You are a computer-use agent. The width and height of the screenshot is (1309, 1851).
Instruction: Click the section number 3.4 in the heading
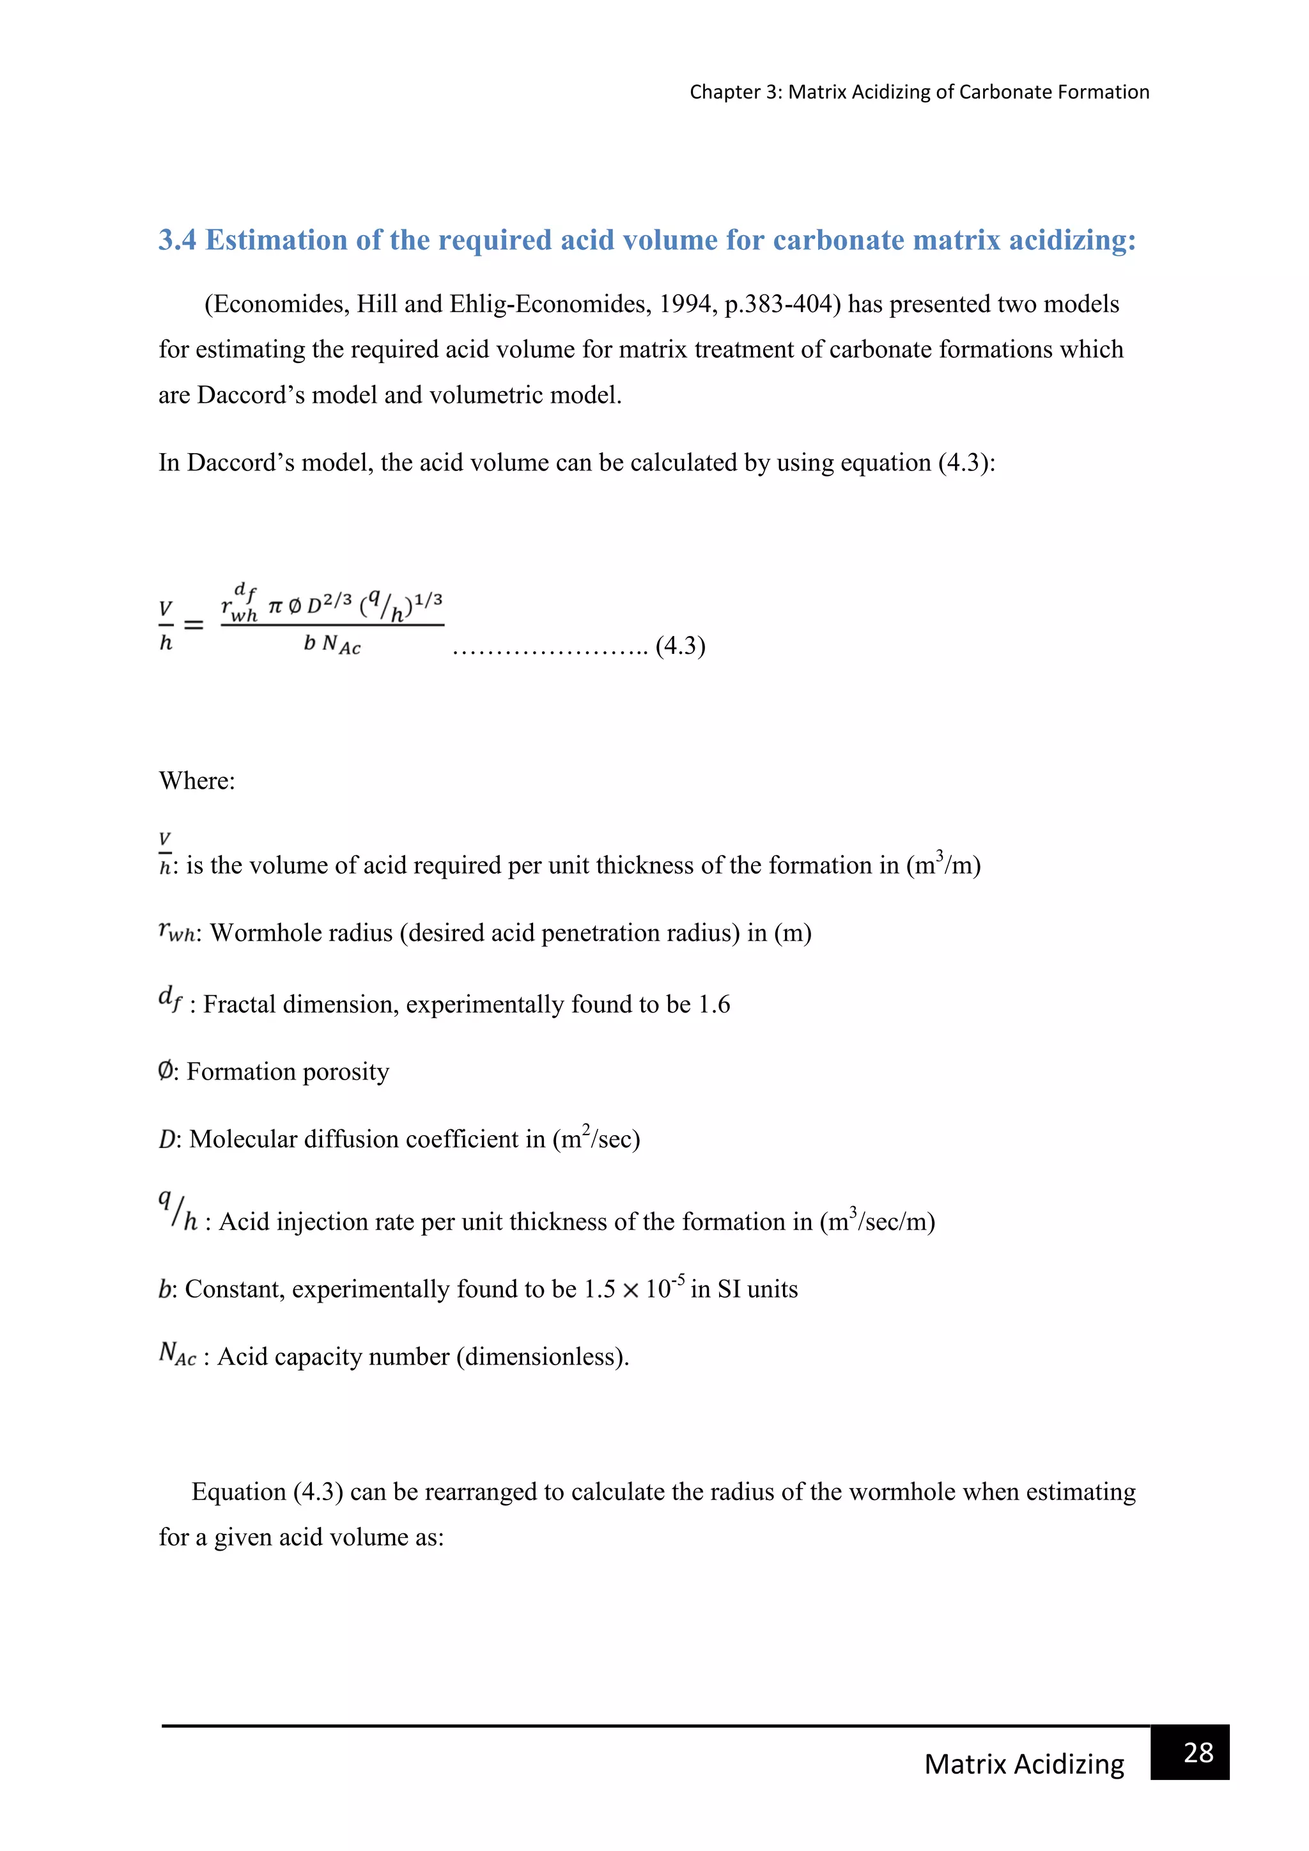(177, 240)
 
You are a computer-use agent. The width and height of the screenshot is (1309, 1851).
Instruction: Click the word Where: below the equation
(197, 780)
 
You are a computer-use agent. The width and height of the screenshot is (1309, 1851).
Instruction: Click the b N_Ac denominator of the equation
(332, 644)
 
